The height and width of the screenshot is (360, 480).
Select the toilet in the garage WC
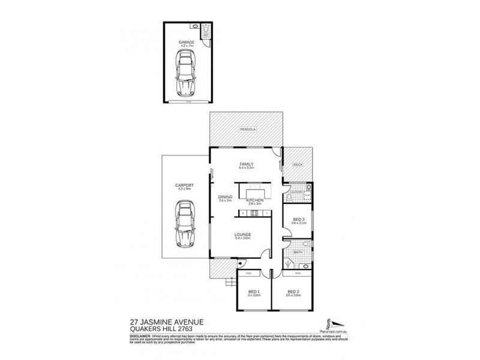206,28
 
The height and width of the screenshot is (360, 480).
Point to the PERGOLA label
245,129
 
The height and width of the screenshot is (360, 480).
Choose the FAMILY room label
246,164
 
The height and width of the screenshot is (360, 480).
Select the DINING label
225,197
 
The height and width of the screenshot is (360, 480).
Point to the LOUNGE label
243,234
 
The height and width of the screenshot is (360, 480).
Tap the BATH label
298,253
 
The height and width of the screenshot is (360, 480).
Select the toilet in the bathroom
306,244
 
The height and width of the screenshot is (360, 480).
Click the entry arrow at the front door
240,263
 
